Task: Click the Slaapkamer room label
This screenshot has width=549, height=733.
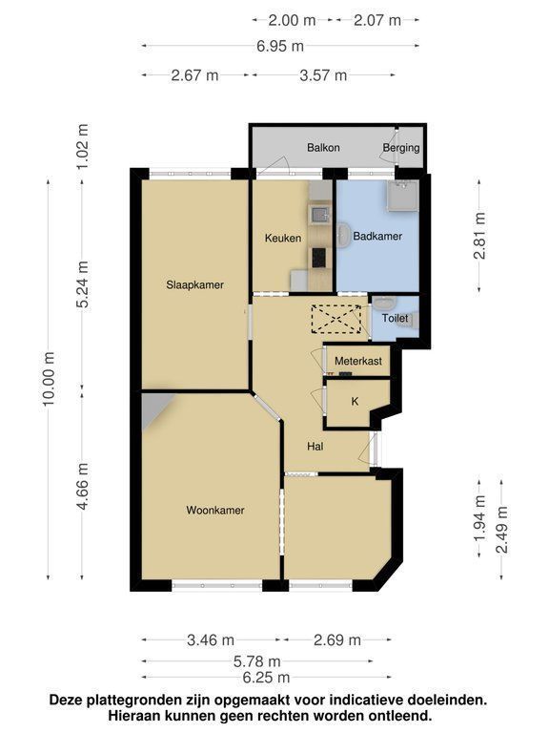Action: [x=194, y=284]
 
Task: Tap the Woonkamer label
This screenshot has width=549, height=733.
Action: [x=215, y=510]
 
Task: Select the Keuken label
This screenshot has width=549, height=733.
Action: [x=283, y=238]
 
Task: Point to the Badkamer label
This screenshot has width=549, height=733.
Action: [x=377, y=236]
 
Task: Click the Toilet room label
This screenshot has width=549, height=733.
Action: [x=395, y=319]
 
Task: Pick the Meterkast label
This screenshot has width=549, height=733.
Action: [x=358, y=361]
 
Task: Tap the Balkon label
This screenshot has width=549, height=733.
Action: [x=323, y=148]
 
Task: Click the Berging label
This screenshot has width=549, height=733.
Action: [x=401, y=148]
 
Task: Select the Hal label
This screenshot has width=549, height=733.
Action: [x=315, y=447]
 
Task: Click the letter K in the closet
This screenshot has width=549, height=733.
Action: [x=355, y=402]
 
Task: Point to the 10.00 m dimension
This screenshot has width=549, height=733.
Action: [x=49, y=379]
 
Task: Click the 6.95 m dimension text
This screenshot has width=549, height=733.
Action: [x=280, y=46]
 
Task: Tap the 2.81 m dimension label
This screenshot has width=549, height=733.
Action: [x=479, y=236]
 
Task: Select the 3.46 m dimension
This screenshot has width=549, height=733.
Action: [x=211, y=640]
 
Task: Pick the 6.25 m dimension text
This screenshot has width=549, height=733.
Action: [x=266, y=677]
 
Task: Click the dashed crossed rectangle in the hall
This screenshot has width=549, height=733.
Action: [x=336, y=319]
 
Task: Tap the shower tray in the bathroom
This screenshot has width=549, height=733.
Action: [x=402, y=196]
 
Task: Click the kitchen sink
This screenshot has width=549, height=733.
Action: [x=320, y=215]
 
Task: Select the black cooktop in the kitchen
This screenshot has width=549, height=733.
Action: [x=319, y=258]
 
